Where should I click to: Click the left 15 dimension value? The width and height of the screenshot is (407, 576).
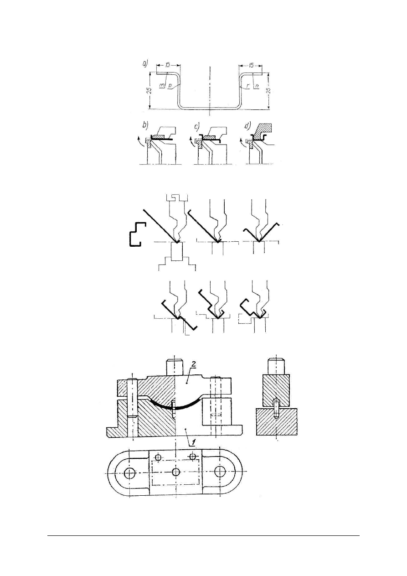168,65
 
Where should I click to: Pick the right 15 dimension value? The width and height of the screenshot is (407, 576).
251,65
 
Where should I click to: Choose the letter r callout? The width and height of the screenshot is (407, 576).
247,85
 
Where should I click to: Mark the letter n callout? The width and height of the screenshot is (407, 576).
258,85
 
